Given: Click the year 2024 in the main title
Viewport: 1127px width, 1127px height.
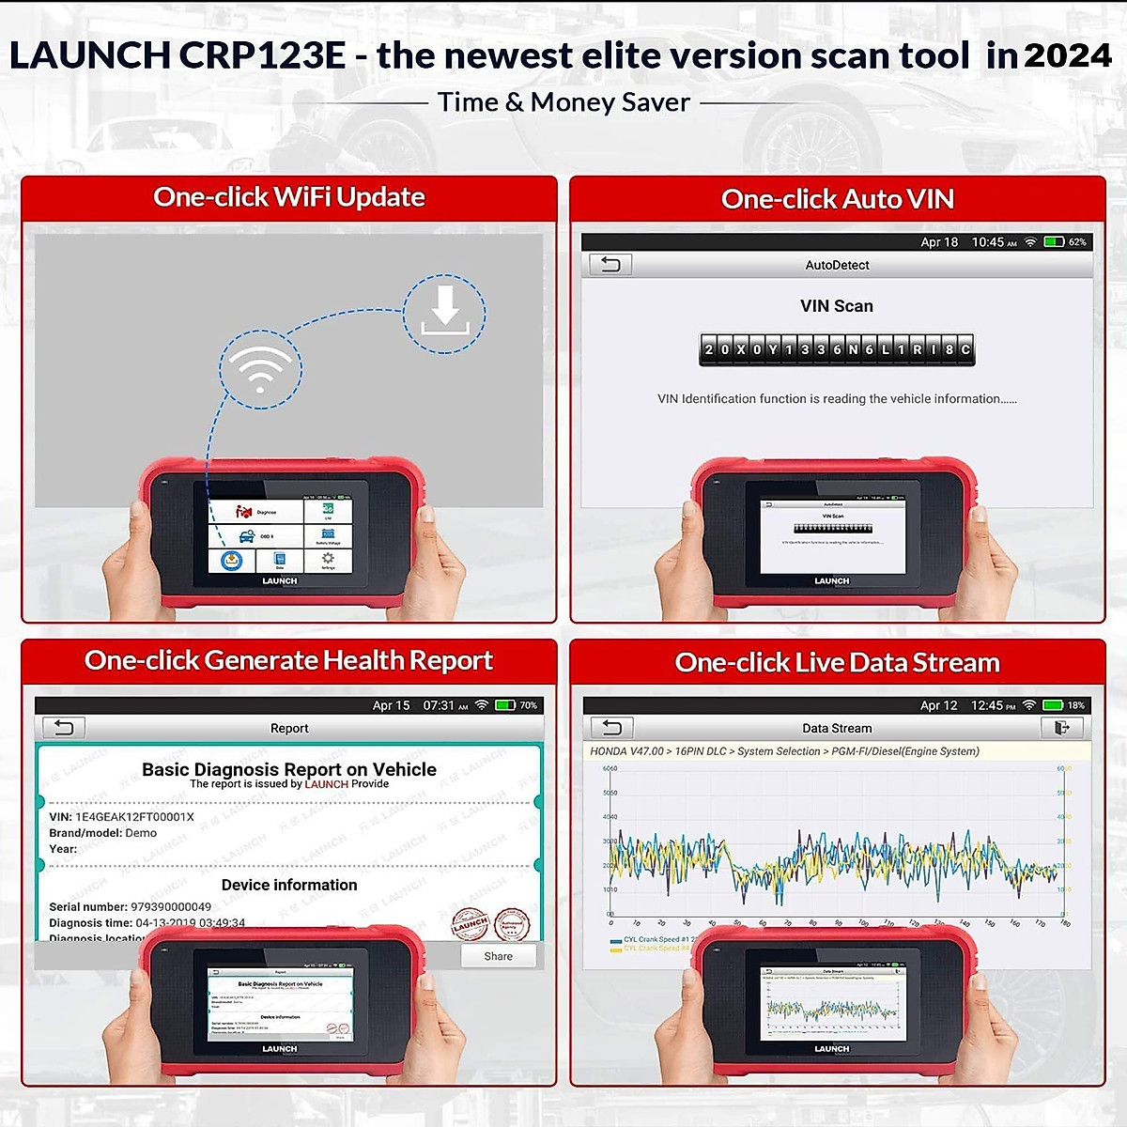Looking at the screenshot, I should click(1067, 55).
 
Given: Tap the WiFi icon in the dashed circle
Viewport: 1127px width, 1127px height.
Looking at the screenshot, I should click(260, 368).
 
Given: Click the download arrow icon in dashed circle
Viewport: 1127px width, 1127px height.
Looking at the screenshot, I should click(444, 313).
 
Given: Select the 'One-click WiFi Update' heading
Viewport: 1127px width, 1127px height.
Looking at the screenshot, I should click(289, 197).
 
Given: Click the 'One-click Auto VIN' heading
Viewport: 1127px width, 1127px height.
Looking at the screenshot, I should click(837, 199).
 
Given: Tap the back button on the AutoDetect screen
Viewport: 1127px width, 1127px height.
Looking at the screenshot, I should click(610, 265).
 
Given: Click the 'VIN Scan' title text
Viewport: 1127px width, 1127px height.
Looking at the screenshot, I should click(836, 306).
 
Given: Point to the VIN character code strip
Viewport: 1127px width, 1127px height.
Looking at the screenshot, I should click(837, 349).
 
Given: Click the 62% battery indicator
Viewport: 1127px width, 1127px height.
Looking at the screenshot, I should click(1065, 242).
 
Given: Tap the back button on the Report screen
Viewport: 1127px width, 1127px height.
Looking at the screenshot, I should click(63, 728).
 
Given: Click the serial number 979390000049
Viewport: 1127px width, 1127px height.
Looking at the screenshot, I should click(171, 907).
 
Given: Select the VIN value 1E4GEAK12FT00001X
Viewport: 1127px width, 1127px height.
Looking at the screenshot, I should click(134, 817).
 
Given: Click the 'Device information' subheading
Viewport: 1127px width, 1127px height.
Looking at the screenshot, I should click(289, 885).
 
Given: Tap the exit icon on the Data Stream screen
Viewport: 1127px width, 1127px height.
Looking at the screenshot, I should click(1062, 728).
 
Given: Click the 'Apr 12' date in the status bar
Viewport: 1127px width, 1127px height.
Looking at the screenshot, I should click(938, 705).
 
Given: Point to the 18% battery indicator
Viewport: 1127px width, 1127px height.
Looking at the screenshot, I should click(1064, 705).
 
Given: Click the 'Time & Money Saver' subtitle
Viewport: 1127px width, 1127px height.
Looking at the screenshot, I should click(563, 102).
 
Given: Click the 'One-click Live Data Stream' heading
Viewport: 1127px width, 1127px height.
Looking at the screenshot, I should click(837, 663).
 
